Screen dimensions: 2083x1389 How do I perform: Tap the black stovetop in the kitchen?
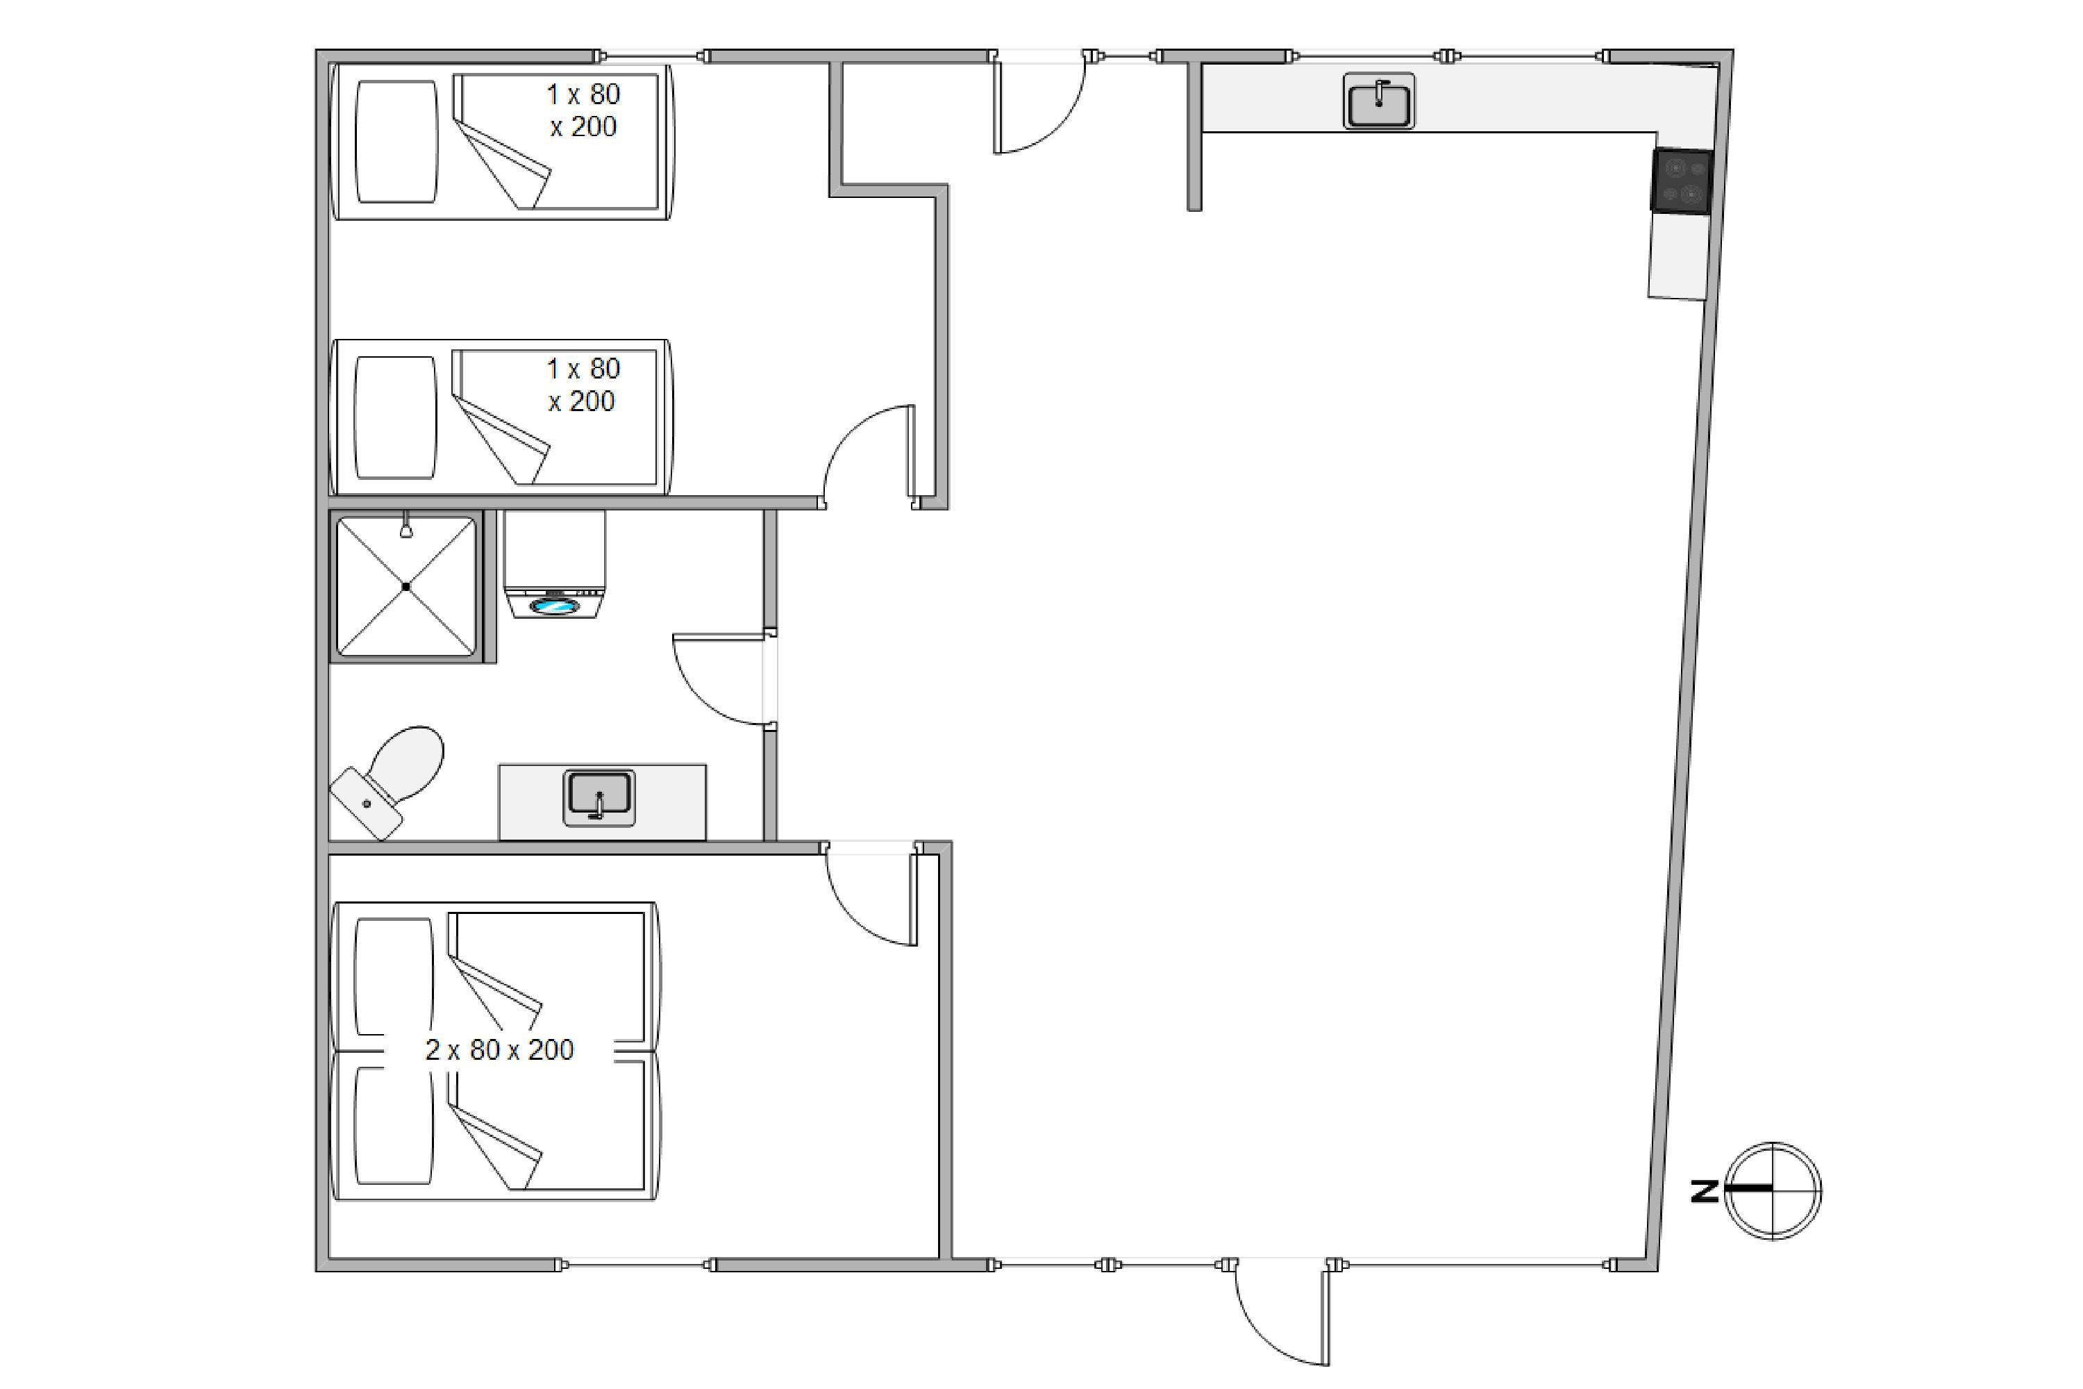[x=1681, y=181]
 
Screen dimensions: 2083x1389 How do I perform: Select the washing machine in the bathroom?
[x=554, y=563]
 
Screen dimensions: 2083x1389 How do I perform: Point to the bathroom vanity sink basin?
[x=600, y=797]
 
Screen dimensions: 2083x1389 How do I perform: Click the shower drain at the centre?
[x=406, y=586]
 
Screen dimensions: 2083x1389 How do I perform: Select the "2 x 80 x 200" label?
[x=499, y=1049]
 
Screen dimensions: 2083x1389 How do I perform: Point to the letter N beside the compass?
[x=1704, y=1192]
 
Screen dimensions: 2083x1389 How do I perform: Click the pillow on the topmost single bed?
[x=396, y=142]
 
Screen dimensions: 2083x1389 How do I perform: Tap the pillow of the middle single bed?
[x=395, y=417]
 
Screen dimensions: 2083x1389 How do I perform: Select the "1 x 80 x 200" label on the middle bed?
[x=582, y=385]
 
